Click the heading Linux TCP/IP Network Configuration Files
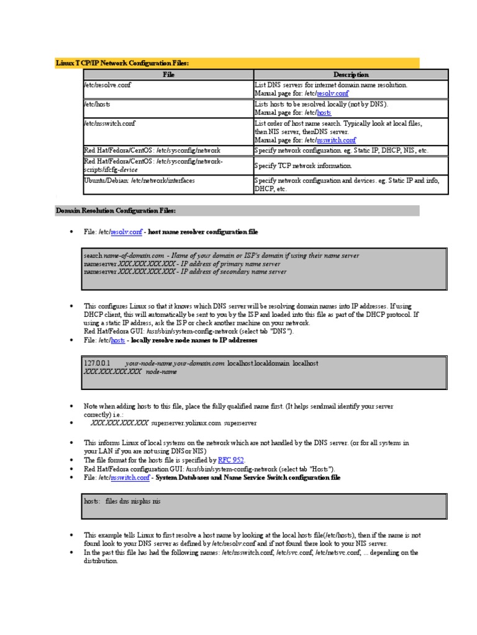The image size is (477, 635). click(x=122, y=63)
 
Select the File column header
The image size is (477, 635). click(x=168, y=74)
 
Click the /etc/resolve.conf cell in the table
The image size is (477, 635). click(x=108, y=84)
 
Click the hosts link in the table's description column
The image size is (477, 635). click(x=324, y=113)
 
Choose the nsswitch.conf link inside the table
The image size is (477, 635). click(x=337, y=140)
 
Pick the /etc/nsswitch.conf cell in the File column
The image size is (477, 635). click(x=110, y=123)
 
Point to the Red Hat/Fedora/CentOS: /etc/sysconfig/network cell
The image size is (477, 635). click(x=152, y=151)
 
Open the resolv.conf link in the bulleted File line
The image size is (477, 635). click(x=127, y=232)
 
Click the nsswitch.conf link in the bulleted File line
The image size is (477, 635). click(x=130, y=478)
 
